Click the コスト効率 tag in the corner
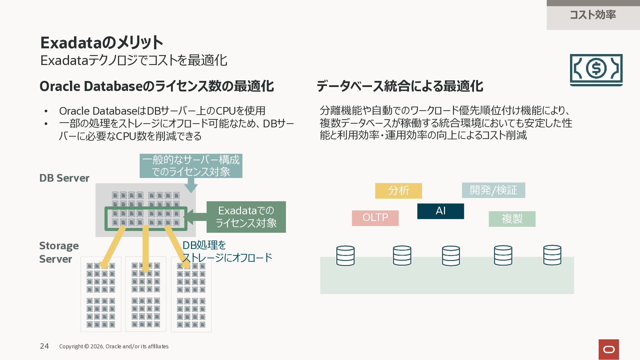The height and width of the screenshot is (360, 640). (x=593, y=15)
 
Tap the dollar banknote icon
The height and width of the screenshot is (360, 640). (x=596, y=70)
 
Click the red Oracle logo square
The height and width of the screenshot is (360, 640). (x=609, y=349)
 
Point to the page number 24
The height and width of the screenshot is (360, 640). (x=44, y=346)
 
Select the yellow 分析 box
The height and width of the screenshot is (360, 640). (x=398, y=191)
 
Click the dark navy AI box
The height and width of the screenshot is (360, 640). (x=440, y=211)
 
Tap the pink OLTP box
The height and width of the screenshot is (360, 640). (x=375, y=218)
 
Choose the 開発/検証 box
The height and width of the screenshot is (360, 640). (x=493, y=190)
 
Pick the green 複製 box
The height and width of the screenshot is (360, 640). (x=512, y=219)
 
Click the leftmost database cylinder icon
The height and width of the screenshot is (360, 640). (x=345, y=256)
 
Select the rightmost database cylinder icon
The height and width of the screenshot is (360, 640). (x=552, y=255)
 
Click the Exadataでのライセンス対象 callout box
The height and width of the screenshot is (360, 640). (x=246, y=217)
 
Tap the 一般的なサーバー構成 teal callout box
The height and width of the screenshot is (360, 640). (x=191, y=166)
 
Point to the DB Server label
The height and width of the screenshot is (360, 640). (x=64, y=178)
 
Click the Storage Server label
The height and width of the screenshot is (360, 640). (x=59, y=252)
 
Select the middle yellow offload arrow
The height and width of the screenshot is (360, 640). (x=145, y=249)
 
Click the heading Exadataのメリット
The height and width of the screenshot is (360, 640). (x=102, y=42)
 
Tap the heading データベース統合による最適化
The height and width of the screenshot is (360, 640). (x=400, y=86)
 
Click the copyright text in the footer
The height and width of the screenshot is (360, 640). (x=114, y=346)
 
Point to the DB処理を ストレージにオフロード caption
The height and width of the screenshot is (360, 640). (x=227, y=251)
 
